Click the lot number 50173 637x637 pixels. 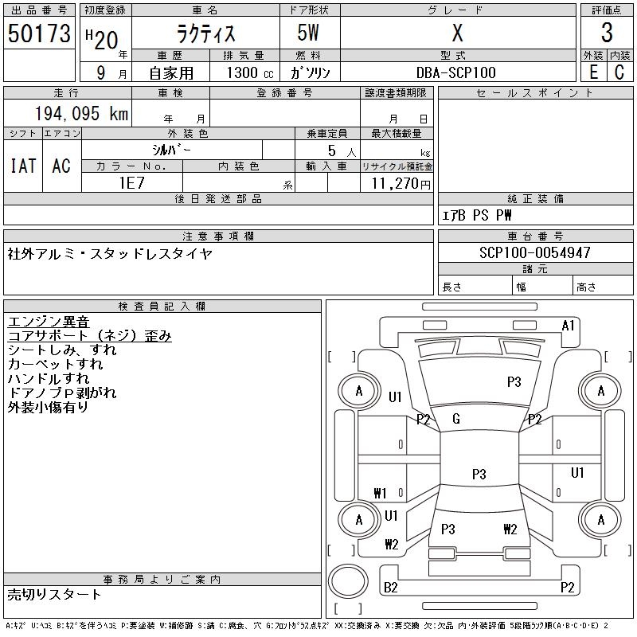coord(39,33)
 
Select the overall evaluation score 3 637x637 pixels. coord(607,33)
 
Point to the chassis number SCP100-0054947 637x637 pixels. coord(535,252)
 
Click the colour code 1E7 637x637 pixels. coord(131,182)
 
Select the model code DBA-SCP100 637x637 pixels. coord(458,72)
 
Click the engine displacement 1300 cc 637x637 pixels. coord(250,72)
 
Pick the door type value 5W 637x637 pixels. coord(310,33)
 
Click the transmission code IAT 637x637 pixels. coord(23,166)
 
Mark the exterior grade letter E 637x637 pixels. coord(593,72)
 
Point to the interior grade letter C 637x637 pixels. coord(619,72)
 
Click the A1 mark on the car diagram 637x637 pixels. coord(568,326)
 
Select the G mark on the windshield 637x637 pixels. coord(456,419)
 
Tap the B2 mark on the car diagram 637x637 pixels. coord(391,588)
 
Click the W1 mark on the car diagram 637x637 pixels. coord(380,493)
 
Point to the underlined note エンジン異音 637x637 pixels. coord(49,322)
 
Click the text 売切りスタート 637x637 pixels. coord(54,594)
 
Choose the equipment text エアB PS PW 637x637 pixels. coord(478,215)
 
